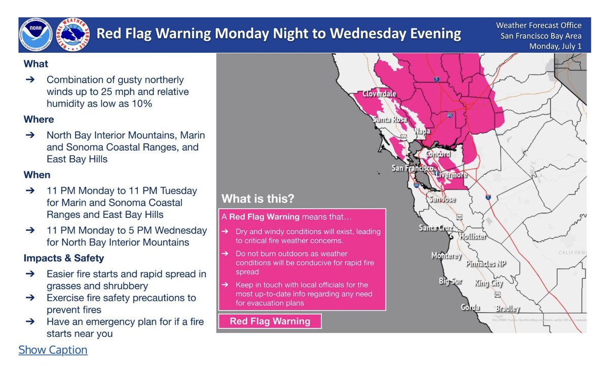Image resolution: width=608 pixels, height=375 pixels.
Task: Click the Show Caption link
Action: [x=53, y=350]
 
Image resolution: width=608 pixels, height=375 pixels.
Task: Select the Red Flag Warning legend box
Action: [x=270, y=321]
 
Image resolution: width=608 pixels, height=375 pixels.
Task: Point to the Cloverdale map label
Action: [x=379, y=94]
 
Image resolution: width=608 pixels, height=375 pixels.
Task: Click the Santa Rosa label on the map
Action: [x=390, y=120]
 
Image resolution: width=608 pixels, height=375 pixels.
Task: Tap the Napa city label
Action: [x=422, y=131]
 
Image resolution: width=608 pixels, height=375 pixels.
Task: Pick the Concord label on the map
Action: [x=438, y=154]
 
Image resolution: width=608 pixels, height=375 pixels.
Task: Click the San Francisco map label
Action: [x=412, y=168]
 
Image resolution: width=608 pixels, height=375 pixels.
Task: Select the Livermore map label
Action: [x=451, y=175]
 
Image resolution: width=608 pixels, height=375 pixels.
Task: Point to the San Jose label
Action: [x=442, y=200]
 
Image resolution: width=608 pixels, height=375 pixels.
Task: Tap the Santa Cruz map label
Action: [x=435, y=228]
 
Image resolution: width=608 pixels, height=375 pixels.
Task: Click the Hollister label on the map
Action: [x=473, y=237]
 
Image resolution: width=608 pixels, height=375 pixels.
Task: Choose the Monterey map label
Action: [x=446, y=256]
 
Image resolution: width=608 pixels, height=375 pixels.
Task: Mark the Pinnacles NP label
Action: [x=487, y=265]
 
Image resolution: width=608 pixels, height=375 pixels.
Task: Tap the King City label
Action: [x=489, y=284]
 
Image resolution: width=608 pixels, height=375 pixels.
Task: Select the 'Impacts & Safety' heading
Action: [x=63, y=258]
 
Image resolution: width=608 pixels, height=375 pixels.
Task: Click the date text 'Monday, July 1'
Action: [x=555, y=46]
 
